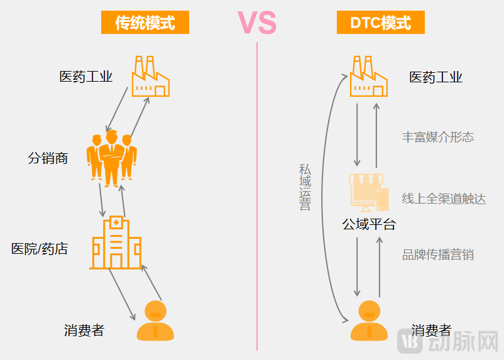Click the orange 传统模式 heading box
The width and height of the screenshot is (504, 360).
[145, 23]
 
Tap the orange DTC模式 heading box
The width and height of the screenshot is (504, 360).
[380, 23]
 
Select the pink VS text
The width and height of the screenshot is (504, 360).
[257, 23]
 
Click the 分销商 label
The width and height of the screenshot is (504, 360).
[48, 158]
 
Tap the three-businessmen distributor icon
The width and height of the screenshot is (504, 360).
[112, 158]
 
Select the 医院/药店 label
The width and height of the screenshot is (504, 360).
[40, 249]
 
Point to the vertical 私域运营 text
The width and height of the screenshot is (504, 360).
[305, 187]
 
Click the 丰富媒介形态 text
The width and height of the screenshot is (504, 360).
[438, 137]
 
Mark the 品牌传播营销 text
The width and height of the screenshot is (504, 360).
[438, 254]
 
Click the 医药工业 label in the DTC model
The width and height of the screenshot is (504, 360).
[436, 77]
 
